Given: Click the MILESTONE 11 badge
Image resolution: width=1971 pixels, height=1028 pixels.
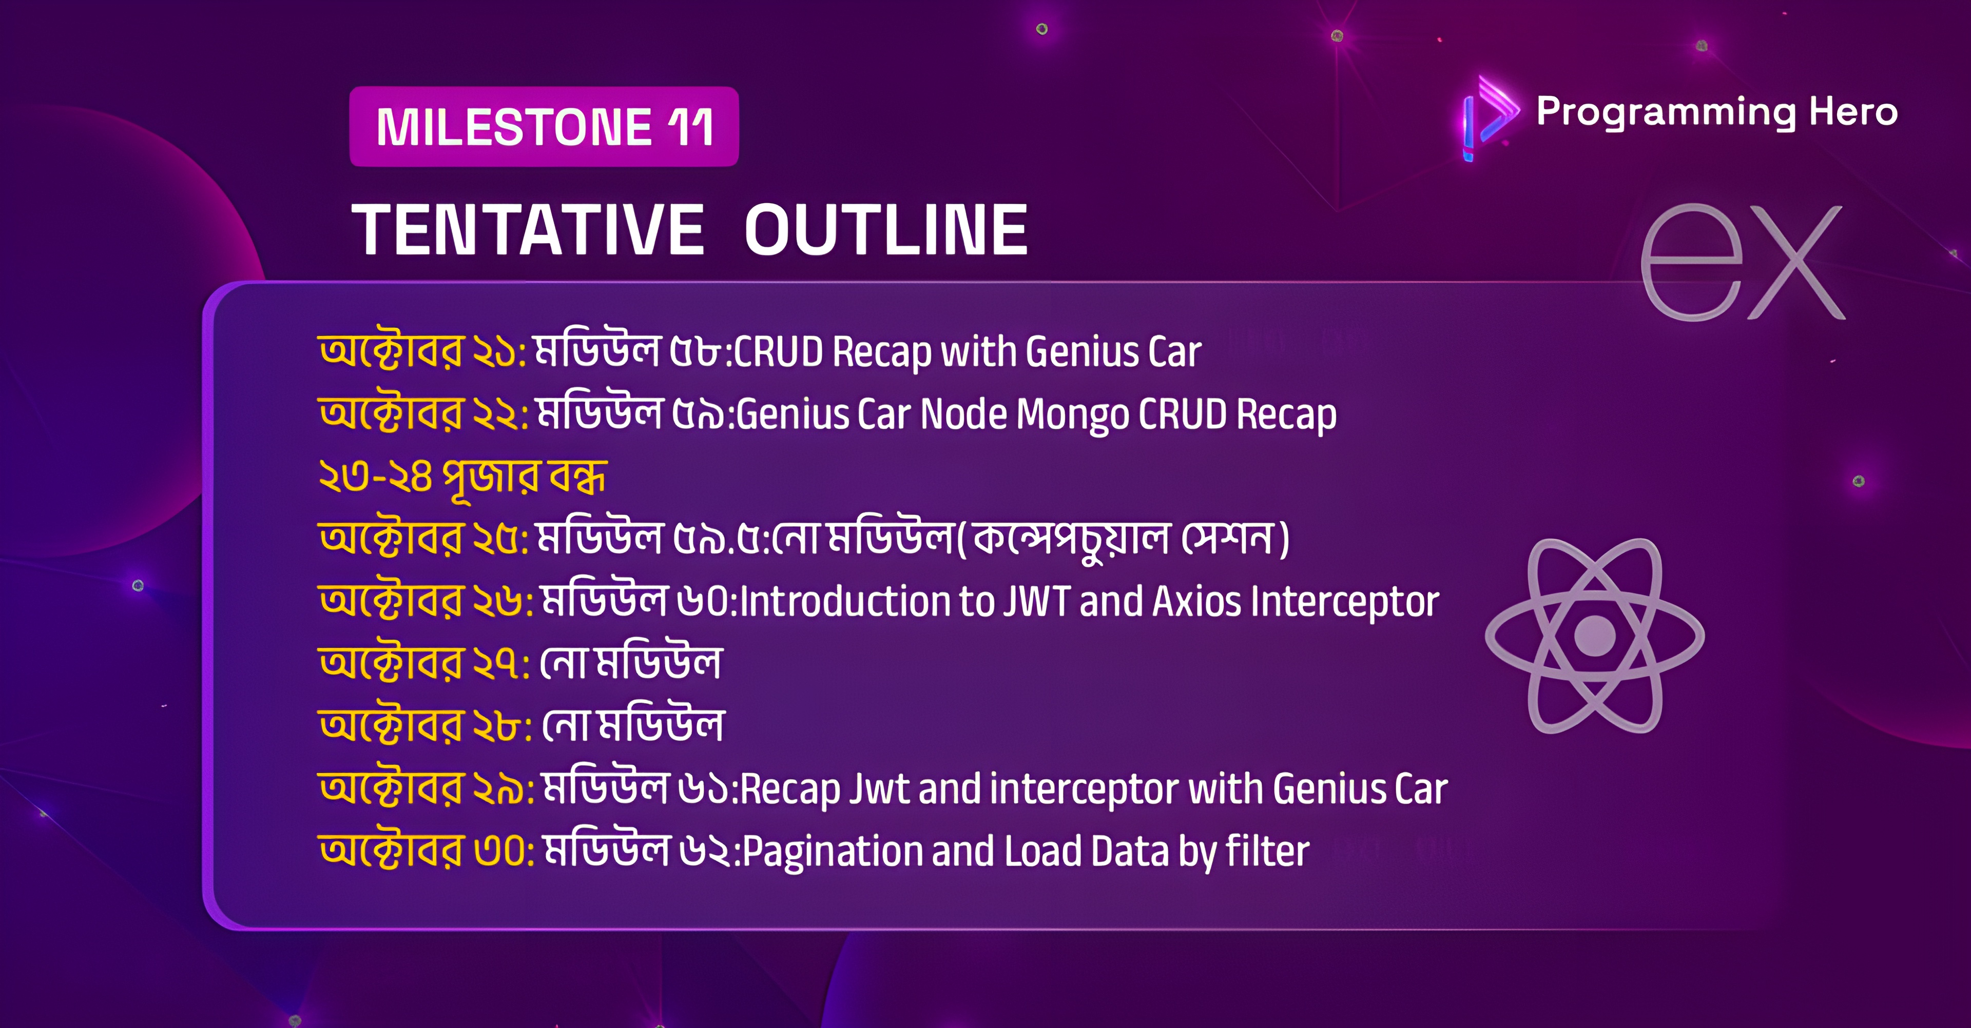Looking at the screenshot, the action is click(544, 126).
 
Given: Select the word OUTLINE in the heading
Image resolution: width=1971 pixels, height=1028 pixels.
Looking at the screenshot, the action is click(886, 229).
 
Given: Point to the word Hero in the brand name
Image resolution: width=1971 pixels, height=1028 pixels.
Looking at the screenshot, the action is click(1853, 112).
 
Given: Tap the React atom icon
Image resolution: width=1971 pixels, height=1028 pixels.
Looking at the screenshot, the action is click(1595, 636).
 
